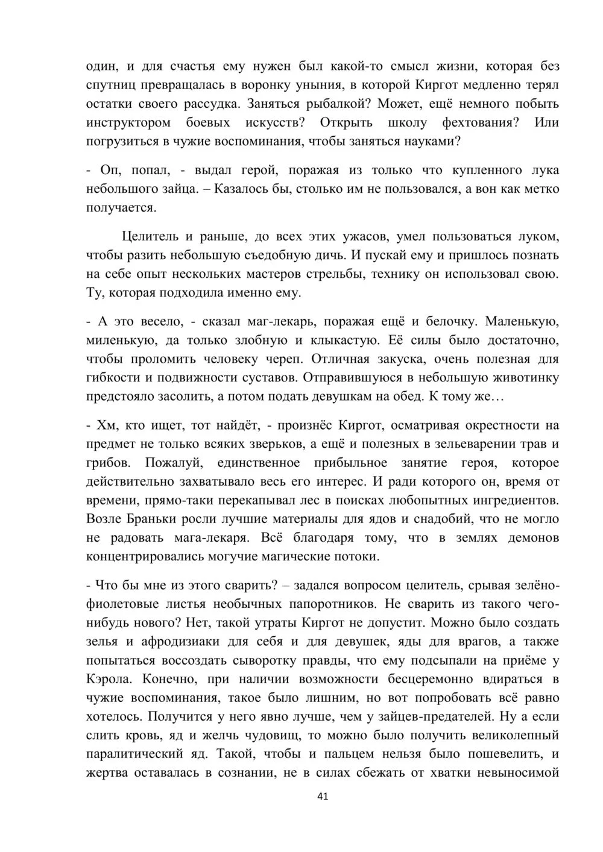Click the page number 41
(x=322, y=797)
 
